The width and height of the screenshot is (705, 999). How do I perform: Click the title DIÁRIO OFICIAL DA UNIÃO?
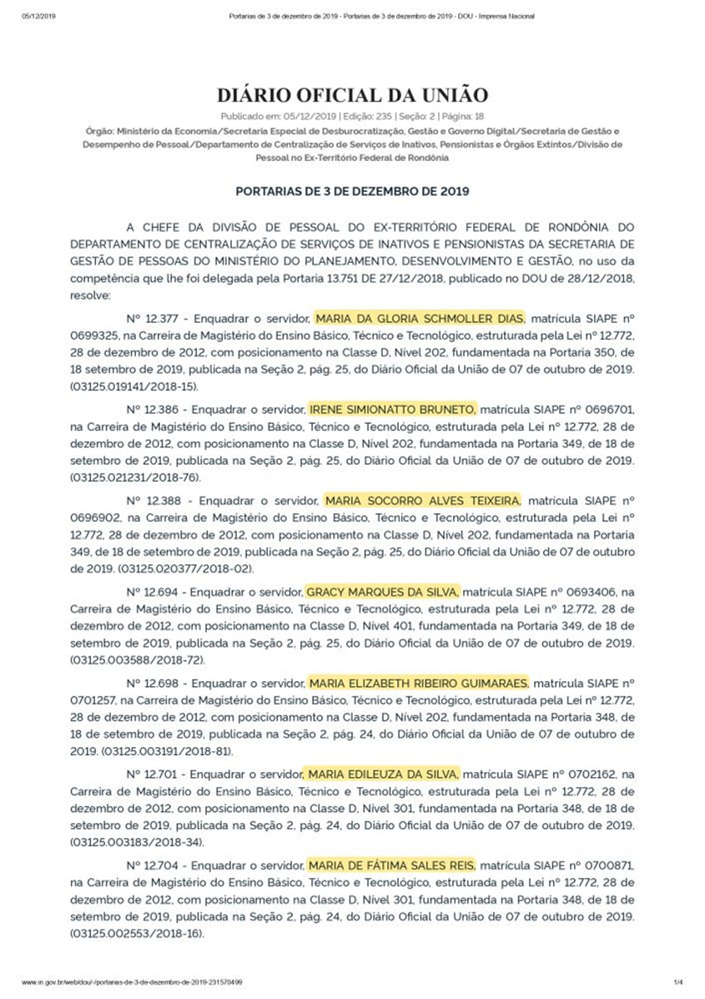(x=352, y=94)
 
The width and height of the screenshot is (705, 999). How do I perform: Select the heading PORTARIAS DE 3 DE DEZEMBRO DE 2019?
(x=352, y=190)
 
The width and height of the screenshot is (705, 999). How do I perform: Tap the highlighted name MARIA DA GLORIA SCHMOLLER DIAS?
(x=420, y=318)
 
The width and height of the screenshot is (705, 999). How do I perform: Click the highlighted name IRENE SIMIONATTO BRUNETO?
(x=393, y=410)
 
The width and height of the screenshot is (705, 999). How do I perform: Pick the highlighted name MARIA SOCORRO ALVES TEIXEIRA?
(x=422, y=501)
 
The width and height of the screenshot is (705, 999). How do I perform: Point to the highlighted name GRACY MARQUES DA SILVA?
(x=383, y=592)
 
